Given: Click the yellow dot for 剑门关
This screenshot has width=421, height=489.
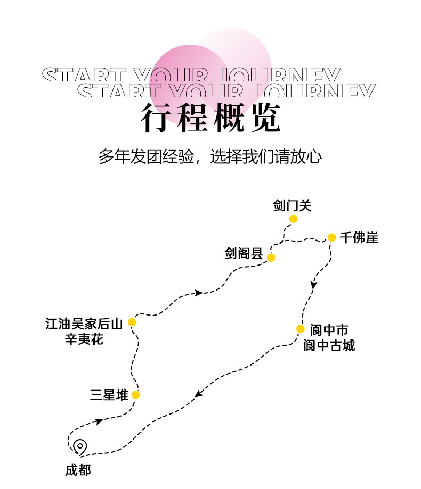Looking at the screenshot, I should (293, 219).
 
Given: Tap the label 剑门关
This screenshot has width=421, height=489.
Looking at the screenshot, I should (292, 205).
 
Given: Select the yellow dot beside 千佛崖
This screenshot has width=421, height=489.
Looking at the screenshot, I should (331, 237).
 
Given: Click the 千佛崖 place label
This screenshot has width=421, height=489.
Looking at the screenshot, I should (359, 238).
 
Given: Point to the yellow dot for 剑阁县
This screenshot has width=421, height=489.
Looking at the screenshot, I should (271, 258).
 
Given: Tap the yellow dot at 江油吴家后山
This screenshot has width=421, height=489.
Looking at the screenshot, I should (132, 322).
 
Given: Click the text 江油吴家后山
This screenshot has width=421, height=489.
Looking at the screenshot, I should (84, 324).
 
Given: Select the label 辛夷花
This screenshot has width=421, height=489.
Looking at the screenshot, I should (84, 339).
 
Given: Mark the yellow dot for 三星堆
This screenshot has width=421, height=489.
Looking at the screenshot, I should (135, 395).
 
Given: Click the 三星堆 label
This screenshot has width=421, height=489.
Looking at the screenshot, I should (109, 395).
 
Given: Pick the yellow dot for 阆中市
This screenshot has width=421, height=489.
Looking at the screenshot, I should (300, 329).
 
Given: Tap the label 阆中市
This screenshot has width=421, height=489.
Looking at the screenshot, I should (329, 330).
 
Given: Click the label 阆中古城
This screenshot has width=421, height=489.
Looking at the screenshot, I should (329, 346).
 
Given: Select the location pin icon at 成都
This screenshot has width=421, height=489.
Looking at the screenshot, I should (80, 446).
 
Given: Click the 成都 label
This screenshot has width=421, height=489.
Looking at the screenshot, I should (78, 470).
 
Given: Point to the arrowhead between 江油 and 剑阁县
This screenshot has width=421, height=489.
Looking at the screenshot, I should (199, 293).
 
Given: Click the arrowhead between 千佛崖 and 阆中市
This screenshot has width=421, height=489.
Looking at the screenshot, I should (314, 285).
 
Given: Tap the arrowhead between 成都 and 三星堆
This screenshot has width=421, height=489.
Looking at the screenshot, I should (99, 421).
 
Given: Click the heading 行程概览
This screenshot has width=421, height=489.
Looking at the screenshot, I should (210, 118).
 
